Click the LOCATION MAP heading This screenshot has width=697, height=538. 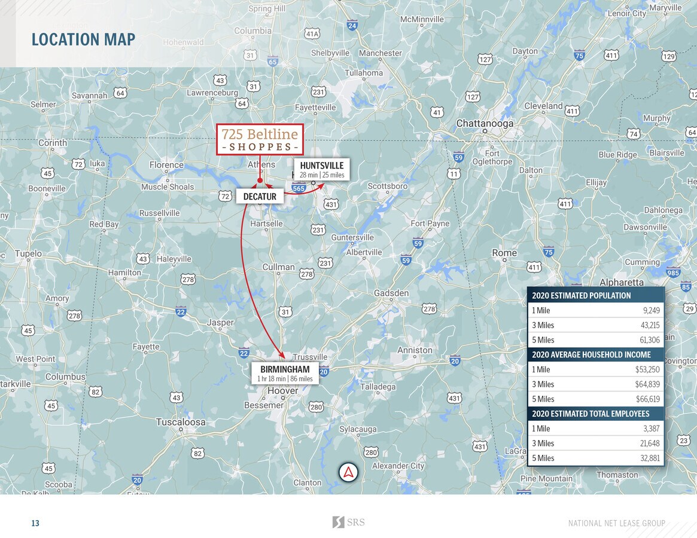83,39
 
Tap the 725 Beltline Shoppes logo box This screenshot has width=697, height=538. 260,139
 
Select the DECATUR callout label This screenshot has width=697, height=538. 260,196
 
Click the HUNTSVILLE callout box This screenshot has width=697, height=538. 322,169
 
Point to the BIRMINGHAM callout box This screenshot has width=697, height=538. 285,373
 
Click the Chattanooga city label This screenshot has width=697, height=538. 485,123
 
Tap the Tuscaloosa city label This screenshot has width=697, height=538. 181,422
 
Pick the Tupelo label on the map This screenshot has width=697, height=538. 28,253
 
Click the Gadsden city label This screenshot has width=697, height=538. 391,293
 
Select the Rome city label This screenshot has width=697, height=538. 504,253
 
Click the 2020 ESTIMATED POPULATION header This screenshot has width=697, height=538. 581,295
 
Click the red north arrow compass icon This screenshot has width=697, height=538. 348,472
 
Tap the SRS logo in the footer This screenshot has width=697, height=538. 348,522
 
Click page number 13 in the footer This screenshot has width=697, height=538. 35,524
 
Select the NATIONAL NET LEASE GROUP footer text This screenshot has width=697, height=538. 616,524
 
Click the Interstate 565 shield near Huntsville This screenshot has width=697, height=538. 299,188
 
